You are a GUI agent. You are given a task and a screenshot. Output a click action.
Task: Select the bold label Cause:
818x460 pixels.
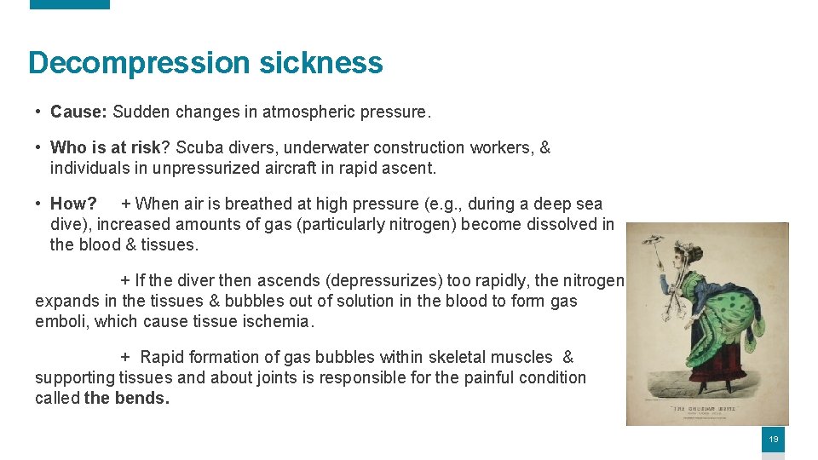[x=79, y=112]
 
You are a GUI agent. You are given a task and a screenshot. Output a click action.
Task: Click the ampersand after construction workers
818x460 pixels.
[x=545, y=147]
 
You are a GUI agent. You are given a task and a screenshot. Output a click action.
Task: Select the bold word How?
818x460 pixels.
[x=73, y=204]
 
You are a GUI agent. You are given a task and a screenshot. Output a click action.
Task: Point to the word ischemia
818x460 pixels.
[x=278, y=321]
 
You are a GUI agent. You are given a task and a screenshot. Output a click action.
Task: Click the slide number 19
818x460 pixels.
[x=773, y=440]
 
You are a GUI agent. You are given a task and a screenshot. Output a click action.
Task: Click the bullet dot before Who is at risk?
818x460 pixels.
[x=39, y=147]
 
